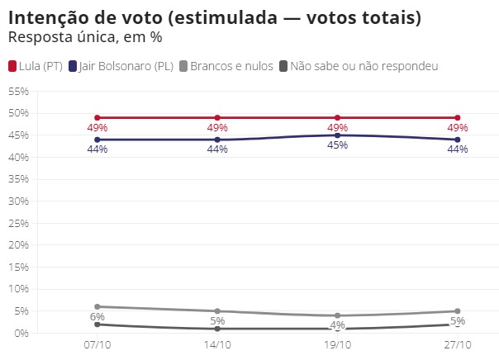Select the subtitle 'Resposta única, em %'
coord(84,37)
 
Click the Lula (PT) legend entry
coord(36,66)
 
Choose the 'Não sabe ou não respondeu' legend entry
coord(359,66)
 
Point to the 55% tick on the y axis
coord(18,91)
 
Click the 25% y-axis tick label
coord(18,223)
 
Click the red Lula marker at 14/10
coord(217,118)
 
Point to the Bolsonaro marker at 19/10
coord(337,135)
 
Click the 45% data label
coord(337,146)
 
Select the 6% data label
coord(97,317)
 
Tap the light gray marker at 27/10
coord(457,311)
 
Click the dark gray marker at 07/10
coord(97,324)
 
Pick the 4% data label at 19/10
coord(337,325)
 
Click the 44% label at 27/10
coord(457,149)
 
